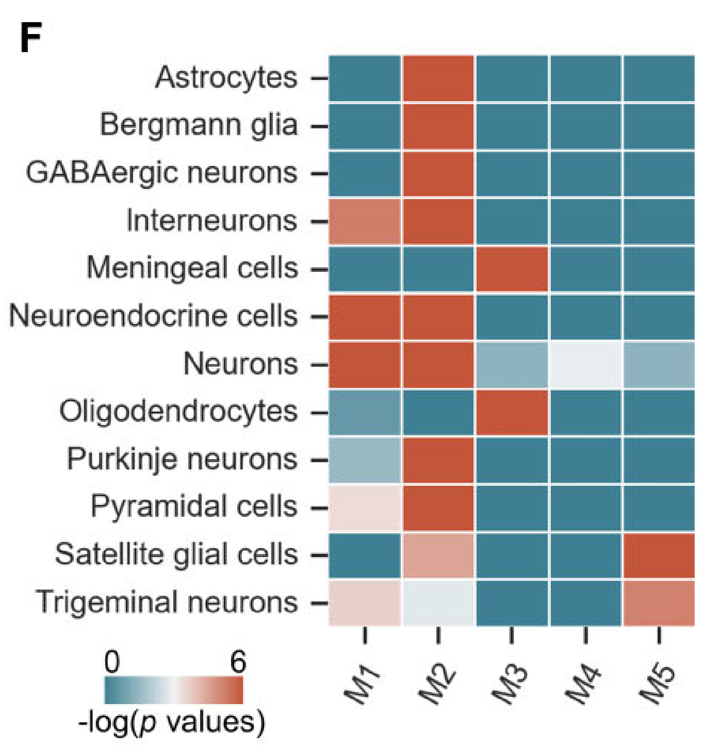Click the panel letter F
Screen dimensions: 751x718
pos(30,38)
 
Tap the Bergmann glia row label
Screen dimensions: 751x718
pos(199,125)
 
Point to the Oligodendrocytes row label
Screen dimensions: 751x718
pos(178,412)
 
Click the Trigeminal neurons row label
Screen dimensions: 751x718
pos(167,602)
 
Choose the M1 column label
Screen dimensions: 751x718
pos(362,684)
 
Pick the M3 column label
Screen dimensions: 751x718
pos(510,684)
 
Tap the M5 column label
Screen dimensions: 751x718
pos(656,684)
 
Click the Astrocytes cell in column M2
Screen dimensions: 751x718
pos(438,78)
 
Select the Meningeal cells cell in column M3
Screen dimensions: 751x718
pos(512,269)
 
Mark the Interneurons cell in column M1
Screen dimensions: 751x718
pos(365,221)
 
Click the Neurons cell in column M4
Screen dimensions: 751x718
pos(585,364)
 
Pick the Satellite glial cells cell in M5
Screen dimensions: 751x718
pos(659,555)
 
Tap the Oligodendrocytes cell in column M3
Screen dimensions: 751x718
pos(512,412)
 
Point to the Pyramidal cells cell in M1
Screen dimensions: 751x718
pos(365,508)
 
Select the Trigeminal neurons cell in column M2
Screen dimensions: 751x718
pos(438,603)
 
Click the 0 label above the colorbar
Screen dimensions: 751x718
pos(112,661)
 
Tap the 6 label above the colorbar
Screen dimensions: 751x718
pos(238,661)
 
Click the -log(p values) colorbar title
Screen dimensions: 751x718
pos(172,722)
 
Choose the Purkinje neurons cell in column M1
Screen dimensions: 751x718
pos(365,460)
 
